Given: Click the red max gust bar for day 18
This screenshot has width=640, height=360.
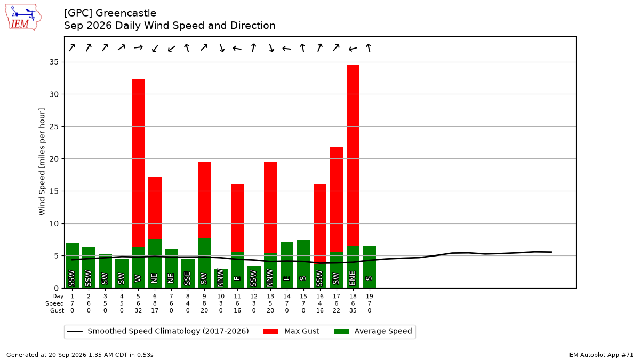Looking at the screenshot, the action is coord(353,155).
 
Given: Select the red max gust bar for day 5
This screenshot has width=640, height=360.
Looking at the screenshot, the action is coord(138,163).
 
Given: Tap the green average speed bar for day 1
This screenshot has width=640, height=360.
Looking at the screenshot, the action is coord(73,265).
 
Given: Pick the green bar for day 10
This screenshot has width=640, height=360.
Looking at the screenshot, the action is coord(221,278).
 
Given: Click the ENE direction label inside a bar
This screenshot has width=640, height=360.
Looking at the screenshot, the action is coord(353,278).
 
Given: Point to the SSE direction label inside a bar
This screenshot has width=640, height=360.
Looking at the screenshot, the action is coord(187,278).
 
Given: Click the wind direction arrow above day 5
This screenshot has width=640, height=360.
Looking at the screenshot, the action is coord(138,47).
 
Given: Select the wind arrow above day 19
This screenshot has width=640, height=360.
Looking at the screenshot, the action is coord(369,47).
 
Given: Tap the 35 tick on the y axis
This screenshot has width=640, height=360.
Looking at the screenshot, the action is coord(54,62).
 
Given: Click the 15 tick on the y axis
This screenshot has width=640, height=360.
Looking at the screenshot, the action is coord(54,191).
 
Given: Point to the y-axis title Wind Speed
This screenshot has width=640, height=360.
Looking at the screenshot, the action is coord(42,162).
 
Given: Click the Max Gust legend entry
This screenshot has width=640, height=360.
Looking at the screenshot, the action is coord(291,331).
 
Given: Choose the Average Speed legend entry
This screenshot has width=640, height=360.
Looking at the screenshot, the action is coord(373,331).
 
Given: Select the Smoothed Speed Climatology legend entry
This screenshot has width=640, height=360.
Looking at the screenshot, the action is coord(158,331).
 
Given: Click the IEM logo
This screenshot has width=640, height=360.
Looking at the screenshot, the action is coord(23,18).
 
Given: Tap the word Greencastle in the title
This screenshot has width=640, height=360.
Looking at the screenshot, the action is coord(126,13).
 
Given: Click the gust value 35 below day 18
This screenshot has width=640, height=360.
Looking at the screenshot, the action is coord(353,310).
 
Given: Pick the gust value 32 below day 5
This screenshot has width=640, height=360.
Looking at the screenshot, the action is coord(138,310).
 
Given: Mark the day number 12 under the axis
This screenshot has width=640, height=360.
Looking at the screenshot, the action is coord(254,297).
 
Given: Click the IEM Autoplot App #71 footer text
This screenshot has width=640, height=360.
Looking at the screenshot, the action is coord(601,355).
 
